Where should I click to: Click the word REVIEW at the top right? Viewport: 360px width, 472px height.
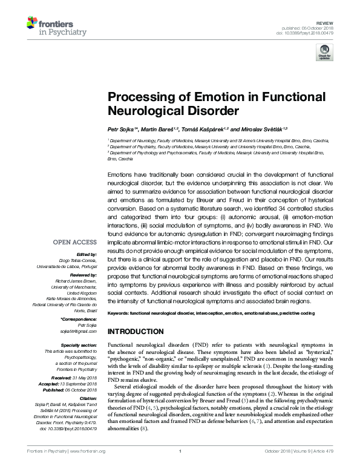[x=326, y=21]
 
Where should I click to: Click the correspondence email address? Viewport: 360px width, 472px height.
[x=79, y=330]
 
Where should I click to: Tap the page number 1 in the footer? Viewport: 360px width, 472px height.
[x=180, y=468]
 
